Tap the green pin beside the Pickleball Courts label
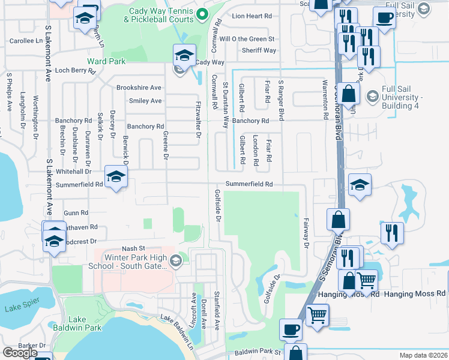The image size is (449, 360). (202, 14)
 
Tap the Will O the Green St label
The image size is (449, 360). (247, 38)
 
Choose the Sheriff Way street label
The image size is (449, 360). (259, 50)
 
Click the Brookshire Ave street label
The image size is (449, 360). (139, 87)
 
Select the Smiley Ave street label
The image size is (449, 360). (145, 101)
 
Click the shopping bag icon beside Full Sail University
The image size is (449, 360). (348, 94)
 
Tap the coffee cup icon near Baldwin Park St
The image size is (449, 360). (291, 329)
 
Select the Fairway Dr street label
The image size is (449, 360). (306, 233)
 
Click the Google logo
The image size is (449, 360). (20, 352)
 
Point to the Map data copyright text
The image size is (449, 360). (423, 355)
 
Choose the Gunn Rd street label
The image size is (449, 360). (76, 213)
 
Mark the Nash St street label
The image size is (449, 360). (134, 248)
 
